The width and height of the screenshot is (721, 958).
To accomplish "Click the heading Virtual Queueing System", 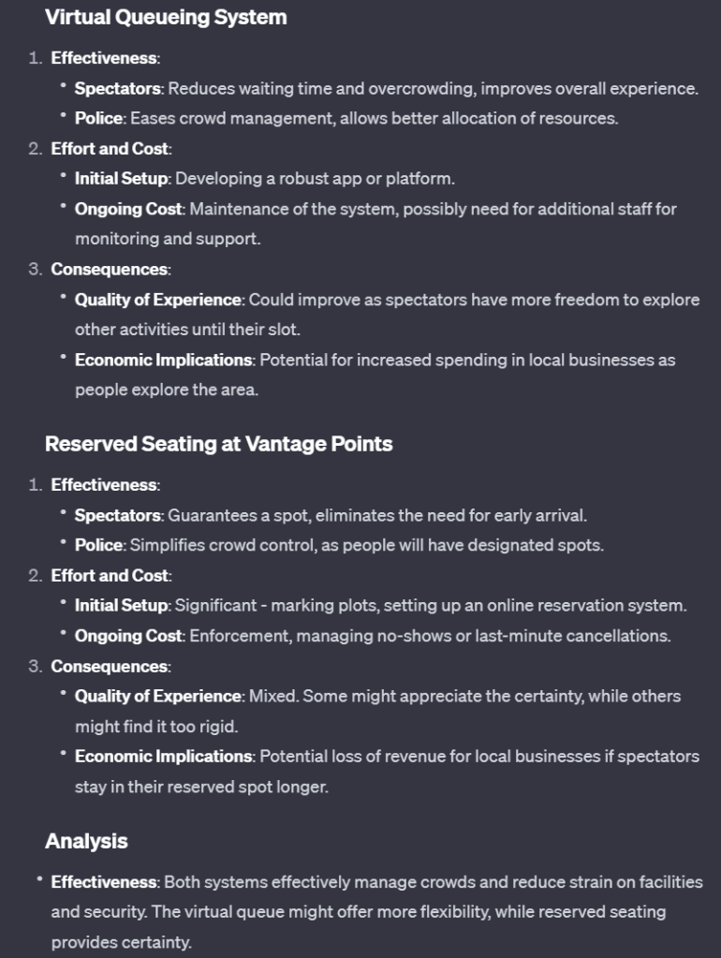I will point(166,17).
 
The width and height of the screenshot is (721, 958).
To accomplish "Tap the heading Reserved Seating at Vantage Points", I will point(218,444).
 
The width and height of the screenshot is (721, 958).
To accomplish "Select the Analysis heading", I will point(86,841).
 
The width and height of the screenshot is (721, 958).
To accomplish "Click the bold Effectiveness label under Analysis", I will point(104,882).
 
